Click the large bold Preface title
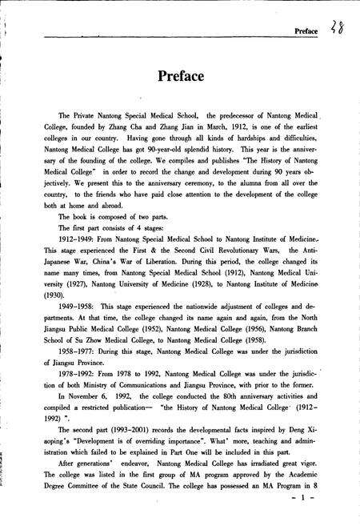coord(180,77)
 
